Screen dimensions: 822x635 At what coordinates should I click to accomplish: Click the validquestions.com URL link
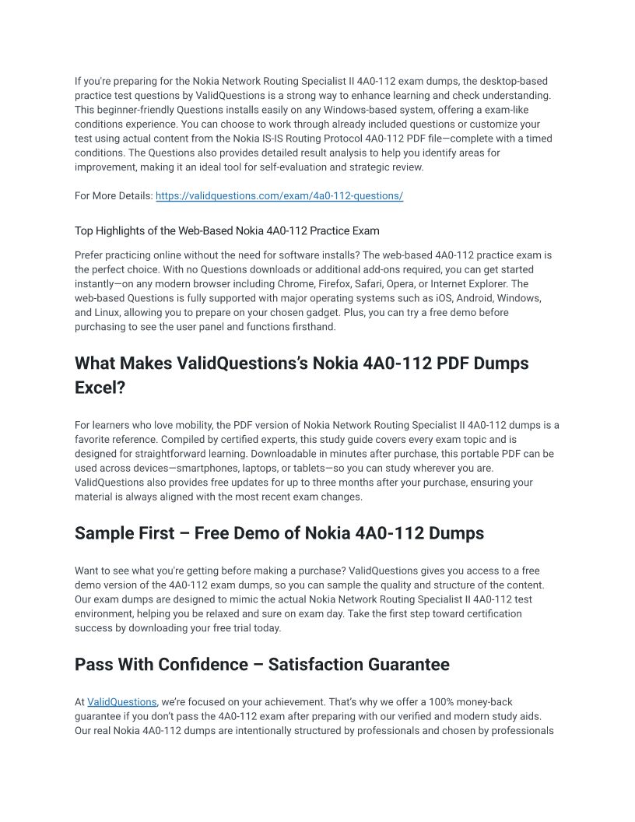279,196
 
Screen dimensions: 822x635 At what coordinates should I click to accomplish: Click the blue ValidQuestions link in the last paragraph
122,702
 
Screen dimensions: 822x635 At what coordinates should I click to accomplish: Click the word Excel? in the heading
100,387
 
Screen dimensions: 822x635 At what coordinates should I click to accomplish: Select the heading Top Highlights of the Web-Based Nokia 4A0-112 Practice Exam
227,231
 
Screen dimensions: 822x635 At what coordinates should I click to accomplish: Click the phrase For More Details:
114,196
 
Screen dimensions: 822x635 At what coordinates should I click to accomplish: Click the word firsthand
317,327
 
